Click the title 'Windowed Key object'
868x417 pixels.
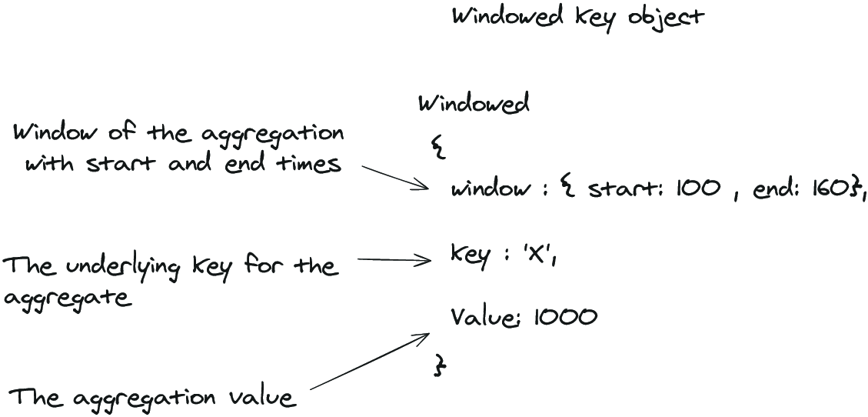click(578, 18)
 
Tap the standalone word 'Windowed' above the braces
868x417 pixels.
click(474, 104)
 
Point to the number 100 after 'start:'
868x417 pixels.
click(698, 189)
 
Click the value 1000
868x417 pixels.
click(565, 317)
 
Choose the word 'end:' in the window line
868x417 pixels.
click(775, 189)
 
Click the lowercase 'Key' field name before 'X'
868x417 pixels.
click(471, 256)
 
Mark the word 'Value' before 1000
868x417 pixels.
click(485, 317)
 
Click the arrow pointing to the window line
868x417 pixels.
click(395, 177)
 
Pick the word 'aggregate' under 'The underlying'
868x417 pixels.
click(69, 299)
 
